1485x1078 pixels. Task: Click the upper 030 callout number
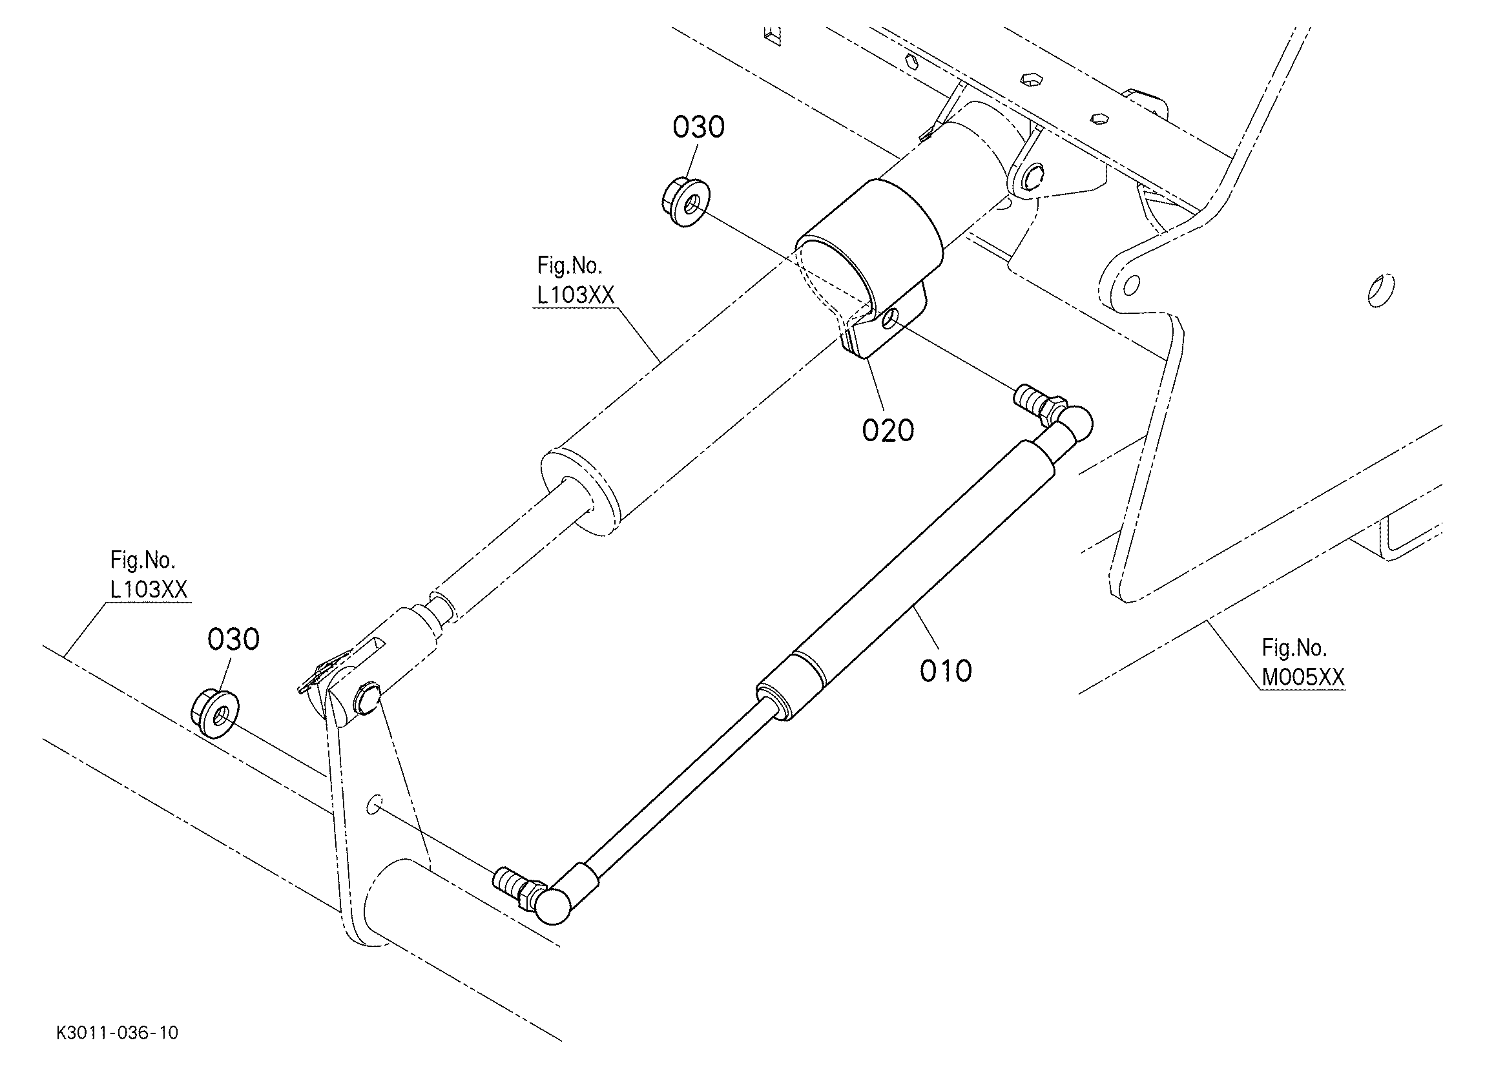698,127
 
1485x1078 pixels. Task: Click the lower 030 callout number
233,639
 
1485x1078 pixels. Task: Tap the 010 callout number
946,670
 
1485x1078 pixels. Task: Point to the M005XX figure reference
1302,677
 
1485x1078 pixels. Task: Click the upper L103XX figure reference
576,295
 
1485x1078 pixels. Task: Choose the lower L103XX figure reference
149,590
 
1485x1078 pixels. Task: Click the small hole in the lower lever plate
375,805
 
